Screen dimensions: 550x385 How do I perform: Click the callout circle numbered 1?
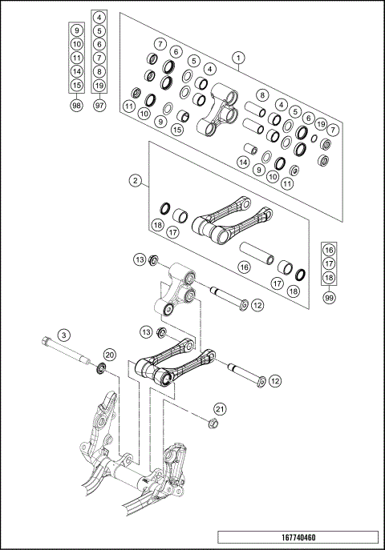(238, 58)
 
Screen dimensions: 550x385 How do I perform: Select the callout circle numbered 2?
(136, 180)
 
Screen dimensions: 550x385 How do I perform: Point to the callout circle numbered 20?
(110, 355)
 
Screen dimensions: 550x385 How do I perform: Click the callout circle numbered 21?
(221, 409)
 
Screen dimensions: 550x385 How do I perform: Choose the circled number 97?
(99, 106)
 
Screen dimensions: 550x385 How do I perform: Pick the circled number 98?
(76, 106)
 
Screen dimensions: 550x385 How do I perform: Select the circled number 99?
(328, 297)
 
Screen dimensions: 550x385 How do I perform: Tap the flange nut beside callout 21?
(213, 424)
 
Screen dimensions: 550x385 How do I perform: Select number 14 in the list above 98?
(76, 71)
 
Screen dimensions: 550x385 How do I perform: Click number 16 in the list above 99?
(328, 250)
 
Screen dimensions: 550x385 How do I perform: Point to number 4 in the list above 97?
(99, 17)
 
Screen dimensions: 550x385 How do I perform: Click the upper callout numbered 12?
(257, 304)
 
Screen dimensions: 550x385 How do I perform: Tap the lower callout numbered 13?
(145, 331)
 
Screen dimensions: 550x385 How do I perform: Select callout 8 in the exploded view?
(261, 94)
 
